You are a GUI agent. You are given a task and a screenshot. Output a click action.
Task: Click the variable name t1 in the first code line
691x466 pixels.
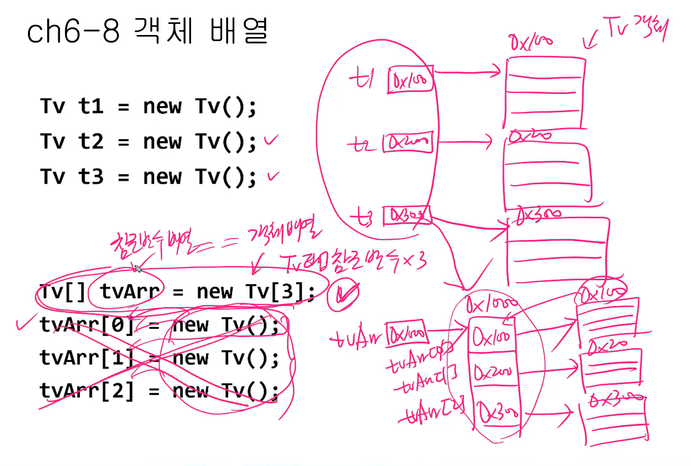click(91, 107)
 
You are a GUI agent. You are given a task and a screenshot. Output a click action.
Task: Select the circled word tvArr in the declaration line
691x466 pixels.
click(130, 291)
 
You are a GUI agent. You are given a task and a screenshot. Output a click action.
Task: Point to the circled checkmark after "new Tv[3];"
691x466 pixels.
click(343, 294)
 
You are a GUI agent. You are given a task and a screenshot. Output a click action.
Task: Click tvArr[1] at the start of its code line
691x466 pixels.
click(86, 358)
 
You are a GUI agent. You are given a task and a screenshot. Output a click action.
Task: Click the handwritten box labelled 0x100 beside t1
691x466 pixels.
click(411, 79)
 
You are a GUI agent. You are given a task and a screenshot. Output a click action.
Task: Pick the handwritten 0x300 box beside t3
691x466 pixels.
click(406, 216)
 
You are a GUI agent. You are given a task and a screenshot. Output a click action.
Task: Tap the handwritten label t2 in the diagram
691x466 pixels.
click(362, 145)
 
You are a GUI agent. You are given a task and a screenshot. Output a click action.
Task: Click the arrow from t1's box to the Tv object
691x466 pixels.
click(467, 72)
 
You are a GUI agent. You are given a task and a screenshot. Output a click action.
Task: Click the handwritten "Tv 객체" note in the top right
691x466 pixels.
click(635, 28)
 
